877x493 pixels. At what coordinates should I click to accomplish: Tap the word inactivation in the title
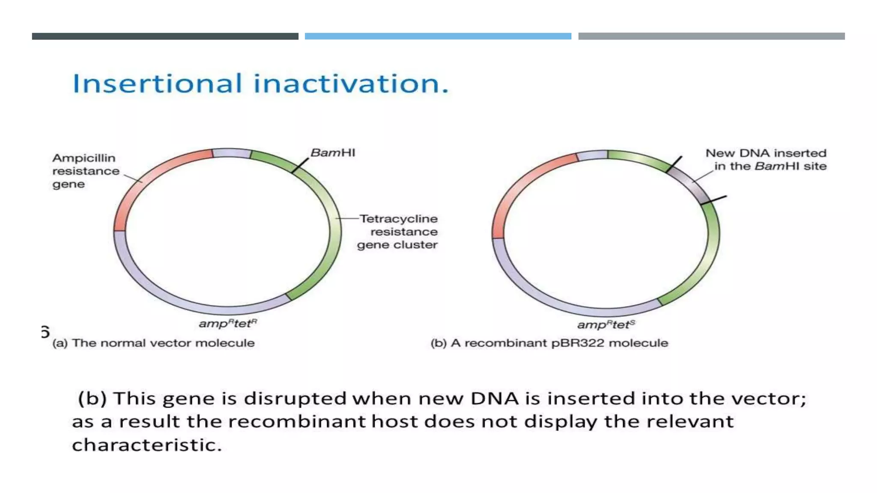(350, 83)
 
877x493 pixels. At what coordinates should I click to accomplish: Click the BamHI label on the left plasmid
(333, 153)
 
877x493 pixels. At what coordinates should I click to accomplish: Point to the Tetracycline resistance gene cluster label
(398, 232)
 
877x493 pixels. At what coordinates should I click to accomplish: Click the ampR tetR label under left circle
(228, 323)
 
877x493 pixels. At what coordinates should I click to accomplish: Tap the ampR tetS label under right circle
(606, 324)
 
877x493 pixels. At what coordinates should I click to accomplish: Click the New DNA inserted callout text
(766, 159)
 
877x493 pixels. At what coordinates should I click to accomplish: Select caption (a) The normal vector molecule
(153, 343)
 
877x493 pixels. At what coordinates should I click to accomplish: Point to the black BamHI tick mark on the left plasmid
(300, 165)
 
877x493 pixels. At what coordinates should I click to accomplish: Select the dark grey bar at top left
(165, 36)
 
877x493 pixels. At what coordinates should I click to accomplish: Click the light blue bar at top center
(438, 36)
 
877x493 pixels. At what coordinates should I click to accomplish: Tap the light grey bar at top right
(711, 36)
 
